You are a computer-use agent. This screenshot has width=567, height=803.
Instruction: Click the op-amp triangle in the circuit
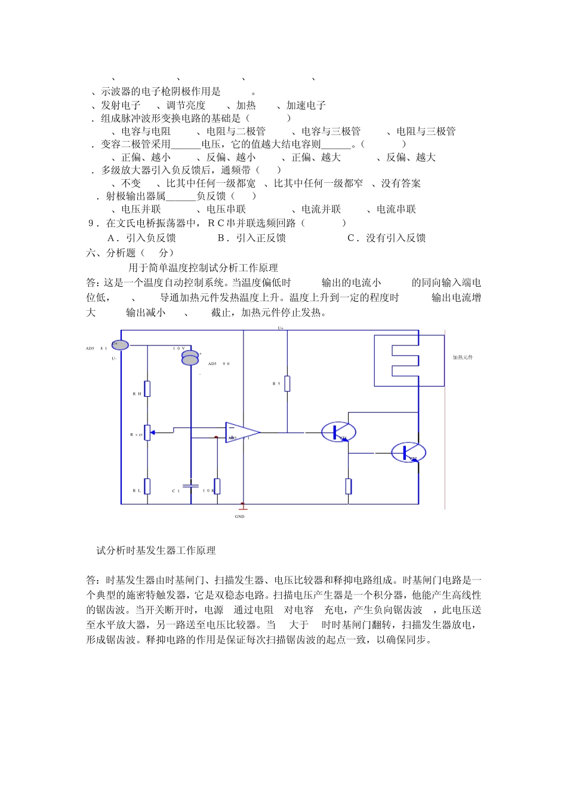point(242,432)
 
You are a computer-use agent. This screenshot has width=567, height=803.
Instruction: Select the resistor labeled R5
point(287,384)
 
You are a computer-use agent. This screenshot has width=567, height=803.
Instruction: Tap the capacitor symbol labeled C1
point(191,485)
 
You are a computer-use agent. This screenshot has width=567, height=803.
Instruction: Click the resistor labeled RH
point(147,389)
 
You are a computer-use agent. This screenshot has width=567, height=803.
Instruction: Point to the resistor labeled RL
point(147,486)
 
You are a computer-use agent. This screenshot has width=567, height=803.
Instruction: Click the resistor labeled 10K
point(217,486)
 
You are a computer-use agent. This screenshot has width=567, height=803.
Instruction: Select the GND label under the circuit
point(240,516)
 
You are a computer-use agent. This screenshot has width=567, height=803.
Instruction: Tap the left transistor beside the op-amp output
point(338,431)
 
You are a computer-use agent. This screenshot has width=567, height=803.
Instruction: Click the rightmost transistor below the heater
point(409,452)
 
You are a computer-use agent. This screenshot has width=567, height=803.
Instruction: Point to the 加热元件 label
point(463,357)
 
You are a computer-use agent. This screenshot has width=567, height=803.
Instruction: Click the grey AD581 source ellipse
point(120,344)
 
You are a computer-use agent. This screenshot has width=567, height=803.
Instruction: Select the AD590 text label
point(219,363)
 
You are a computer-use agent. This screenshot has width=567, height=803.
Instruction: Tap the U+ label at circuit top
point(281,328)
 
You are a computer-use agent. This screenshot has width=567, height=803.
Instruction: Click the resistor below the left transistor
point(349,486)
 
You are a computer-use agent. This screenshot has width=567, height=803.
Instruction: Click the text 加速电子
point(306,105)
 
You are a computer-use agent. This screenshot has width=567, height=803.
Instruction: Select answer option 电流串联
point(396,209)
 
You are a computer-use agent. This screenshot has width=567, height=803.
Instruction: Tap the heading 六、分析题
point(111,253)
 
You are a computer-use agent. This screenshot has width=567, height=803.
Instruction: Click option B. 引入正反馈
point(252,238)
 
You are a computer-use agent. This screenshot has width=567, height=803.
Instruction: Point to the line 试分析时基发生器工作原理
point(156,550)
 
